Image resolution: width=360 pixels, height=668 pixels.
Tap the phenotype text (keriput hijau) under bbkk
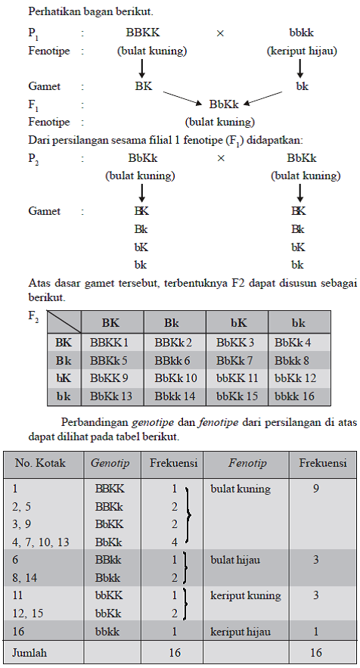coord(302,51)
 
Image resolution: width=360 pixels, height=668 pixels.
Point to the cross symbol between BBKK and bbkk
coord(220,33)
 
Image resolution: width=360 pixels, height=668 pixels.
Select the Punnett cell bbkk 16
coord(296,396)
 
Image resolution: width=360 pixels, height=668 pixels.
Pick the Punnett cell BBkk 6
coord(172,361)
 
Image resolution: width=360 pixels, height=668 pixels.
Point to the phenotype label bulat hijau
coord(235,560)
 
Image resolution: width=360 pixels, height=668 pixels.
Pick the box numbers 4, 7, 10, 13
coord(40,542)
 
